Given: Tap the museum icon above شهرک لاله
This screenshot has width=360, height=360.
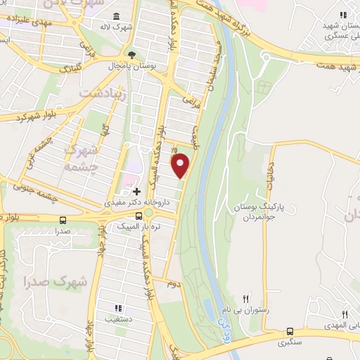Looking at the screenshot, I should (116, 16).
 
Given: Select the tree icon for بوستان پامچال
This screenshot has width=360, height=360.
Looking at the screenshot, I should (131, 53).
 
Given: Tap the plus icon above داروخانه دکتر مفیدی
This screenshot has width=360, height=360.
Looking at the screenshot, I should (136, 191).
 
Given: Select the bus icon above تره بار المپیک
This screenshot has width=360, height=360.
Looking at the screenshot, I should (148, 214).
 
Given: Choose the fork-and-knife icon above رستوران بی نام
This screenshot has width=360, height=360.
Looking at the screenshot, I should (245, 299).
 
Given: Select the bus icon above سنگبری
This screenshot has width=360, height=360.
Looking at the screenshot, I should (290, 332).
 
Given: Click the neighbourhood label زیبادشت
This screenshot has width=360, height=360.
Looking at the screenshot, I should (102, 93).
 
